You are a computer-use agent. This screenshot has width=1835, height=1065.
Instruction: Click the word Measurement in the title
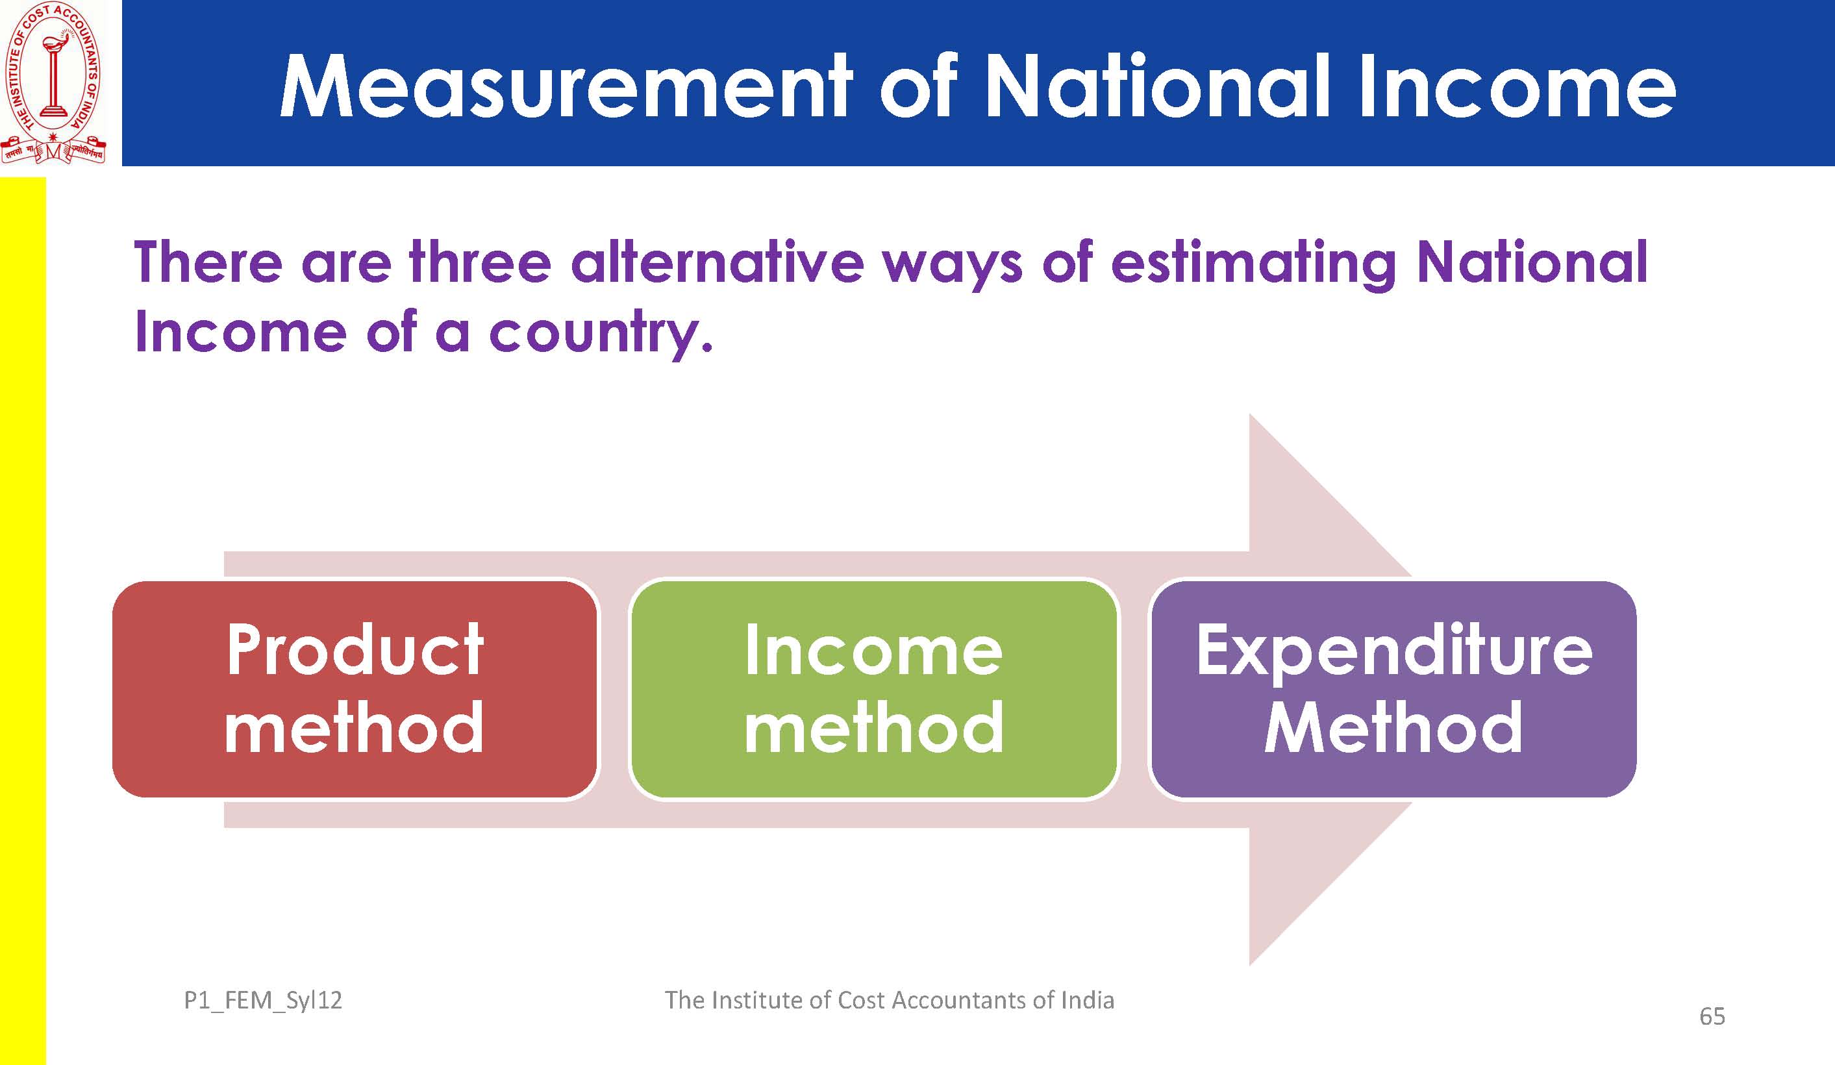566,86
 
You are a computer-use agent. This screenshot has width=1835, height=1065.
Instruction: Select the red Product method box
355,688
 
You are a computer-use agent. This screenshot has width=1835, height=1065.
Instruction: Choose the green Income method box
873,688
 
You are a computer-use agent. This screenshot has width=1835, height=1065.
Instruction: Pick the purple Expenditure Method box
1393,688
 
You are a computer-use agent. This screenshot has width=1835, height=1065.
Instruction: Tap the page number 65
1712,1016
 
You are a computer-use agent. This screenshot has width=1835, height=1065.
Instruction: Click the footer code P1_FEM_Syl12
263,1000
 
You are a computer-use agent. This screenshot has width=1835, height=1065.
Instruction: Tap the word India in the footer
1087,1000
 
